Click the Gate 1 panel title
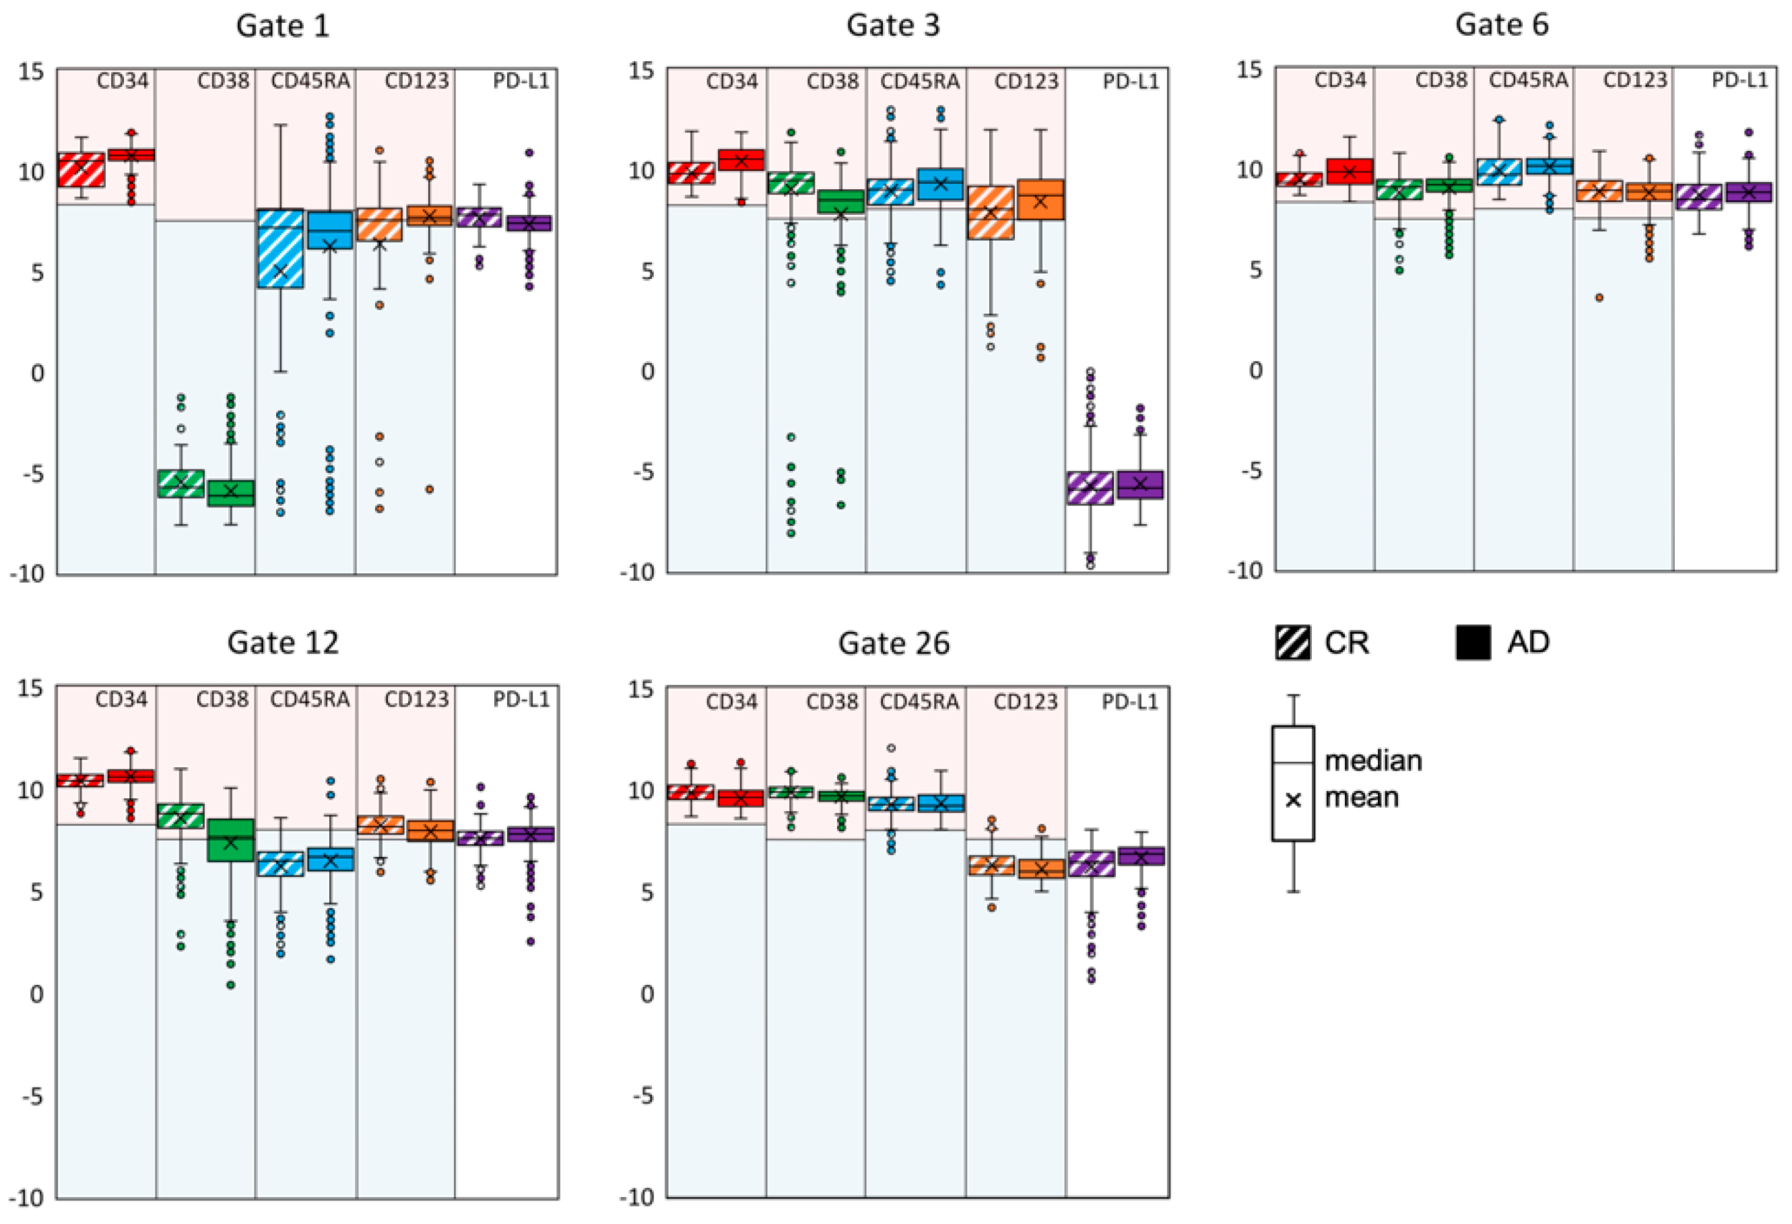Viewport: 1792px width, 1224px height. pos(282,26)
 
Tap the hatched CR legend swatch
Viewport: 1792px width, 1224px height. pos(1292,643)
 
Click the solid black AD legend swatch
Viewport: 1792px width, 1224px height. pos(1473,643)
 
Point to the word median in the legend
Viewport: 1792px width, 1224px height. pos(1372,761)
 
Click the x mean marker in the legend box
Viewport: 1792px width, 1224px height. pos(1293,800)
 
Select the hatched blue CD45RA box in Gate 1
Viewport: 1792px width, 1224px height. pos(280,249)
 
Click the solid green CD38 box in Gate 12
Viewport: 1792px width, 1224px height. pos(230,840)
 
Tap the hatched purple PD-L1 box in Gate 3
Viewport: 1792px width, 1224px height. pos(1090,488)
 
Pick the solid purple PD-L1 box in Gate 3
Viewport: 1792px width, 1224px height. pos(1139,484)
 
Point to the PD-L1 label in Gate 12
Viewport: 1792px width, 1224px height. pos(521,699)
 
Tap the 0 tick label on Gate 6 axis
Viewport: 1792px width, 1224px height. pos(1255,371)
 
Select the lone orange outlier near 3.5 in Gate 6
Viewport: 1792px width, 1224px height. pos(1599,298)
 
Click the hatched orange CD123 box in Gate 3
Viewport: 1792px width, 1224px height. pos(990,212)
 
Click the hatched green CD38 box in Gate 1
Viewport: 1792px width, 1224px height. pos(180,484)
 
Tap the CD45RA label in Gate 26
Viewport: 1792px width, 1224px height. pos(919,702)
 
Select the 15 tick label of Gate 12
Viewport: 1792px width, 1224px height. pos(31,688)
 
